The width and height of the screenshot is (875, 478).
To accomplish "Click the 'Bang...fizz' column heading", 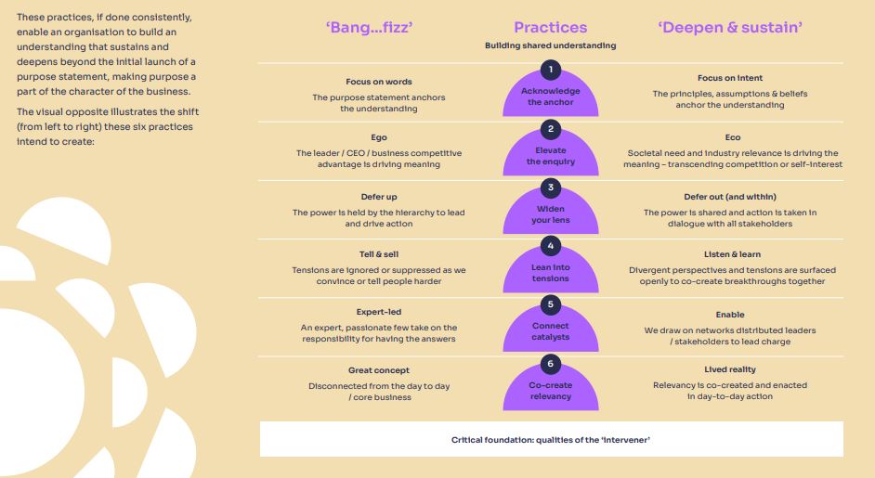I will pyautogui.click(x=369, y=27).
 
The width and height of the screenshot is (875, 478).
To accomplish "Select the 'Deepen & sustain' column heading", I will pyautogui.click(x=730, y=27).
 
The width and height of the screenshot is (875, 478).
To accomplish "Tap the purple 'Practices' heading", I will pyautogui.click(x=550, y=27).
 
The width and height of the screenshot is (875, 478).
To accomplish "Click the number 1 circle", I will pyautogui.click(x=551, y=70).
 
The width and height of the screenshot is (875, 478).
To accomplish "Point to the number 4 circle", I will pyautogui.click(x=551, y=246).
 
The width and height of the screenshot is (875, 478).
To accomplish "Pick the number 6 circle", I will pyautogui.click(x=551, y=364).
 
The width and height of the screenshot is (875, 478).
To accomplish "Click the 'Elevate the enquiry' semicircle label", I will pyautogui.click(x=551, y=156).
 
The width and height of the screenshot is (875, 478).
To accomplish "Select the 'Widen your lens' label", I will pyautogui.click(x=551, y=214).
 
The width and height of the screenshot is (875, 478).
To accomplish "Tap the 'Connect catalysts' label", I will pyautogui.click(x=551, y=331).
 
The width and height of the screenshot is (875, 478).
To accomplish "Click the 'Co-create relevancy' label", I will pyautogui.click(x=551, y=391).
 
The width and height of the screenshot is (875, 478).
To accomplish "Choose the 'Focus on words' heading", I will pyautogui.click(x=378, y=81).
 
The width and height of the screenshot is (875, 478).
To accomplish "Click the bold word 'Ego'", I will pyautogui.click(x=378, y=137).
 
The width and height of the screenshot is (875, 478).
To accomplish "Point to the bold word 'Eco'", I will pyautogui.click(x=732, y=137).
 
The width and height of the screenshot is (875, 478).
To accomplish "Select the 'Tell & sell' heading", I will pyautogui.click(x=378, y=254).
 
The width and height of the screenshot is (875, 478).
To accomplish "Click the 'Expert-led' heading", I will pyautogui.click(x=378, y=313).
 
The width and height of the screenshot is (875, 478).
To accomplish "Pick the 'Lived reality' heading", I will pyautogui.click(x=730, y=369).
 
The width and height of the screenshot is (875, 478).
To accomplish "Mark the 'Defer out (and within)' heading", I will pyautogui.click(x=730, y=197).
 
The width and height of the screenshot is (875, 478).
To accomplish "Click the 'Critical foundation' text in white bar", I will pyautogui.click(x=551, y=439).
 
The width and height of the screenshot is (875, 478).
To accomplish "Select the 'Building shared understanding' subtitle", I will pyautogui.click(x=550, y=45).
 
